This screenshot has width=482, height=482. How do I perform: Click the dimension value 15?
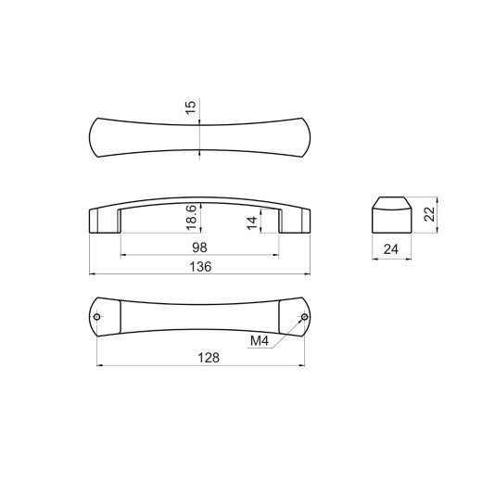click(191, 108)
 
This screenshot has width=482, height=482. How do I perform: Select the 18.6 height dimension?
click(192, 218)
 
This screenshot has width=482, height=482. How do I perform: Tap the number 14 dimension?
click(252, 223)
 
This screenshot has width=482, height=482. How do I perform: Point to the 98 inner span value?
click(199, 247)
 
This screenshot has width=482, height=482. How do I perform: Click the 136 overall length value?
click(200, 267)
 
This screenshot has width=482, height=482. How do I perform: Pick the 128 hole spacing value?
click(209, 358)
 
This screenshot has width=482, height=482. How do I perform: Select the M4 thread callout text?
click(260, 341)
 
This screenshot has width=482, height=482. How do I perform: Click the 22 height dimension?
click(429, 214)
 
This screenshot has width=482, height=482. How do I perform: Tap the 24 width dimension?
click(391, 249)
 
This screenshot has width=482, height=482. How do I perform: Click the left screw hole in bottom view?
click(96, 317)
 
